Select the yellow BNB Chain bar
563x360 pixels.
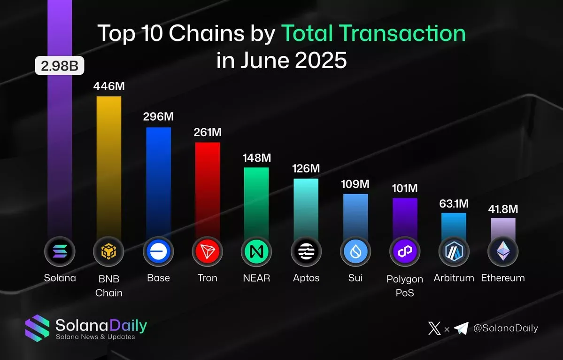[x=109, y=164]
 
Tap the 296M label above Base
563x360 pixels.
[x=158, y=117]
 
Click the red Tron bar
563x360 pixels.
[x=208, y=188]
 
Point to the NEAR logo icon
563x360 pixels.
[x=256, y=252]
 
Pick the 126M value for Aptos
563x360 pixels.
[x=306, y=168]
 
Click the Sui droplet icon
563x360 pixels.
[x=355, y=252]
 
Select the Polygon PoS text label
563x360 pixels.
[x=405, y=286]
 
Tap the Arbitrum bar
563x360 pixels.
[x=454, y=226]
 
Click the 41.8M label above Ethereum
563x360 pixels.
[x=503, y=209]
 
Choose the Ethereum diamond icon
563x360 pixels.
[x=503, y=252]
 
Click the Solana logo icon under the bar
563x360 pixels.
[x=60, y=252]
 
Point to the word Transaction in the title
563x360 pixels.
[x=373, y=34]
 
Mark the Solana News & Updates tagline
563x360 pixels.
[x=95, y=337]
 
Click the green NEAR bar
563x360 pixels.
[x=256, y=202]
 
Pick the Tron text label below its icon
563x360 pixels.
[x=208, y=278]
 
